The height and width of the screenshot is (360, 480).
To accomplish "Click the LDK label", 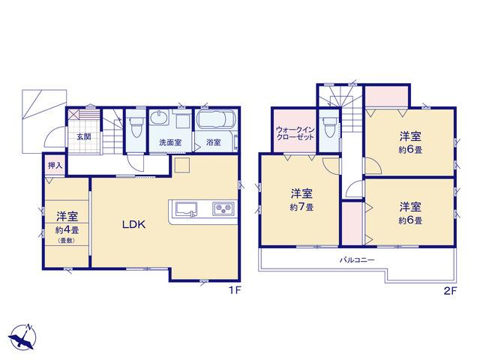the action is [133, 225].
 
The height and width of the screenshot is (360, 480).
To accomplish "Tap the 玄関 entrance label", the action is [83, 136].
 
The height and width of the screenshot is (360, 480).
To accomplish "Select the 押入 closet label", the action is [55, 166].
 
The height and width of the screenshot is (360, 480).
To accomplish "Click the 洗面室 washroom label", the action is [170, 142].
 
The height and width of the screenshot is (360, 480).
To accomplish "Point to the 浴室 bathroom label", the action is [213, 142].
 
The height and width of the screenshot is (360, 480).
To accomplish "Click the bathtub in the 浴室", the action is [216, 120].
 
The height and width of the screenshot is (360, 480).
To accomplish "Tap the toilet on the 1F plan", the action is [136, 127].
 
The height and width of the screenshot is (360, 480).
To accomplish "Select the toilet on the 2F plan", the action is [328, 127].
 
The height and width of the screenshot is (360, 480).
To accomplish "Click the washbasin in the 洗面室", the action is [160, 118].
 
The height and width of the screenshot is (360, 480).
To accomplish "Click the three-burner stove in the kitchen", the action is [223, 208].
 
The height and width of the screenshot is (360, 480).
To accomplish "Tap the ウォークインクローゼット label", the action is [295, 133].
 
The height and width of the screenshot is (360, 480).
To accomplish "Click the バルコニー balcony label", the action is [357, 260].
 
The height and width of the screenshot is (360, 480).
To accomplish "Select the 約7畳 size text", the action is [301, 207].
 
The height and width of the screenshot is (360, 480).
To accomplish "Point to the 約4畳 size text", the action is [67, 229].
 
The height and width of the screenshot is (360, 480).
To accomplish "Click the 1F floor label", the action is [235, 290].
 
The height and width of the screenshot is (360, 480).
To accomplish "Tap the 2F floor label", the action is [450, 291].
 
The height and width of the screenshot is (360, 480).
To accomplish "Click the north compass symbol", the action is [23, 336].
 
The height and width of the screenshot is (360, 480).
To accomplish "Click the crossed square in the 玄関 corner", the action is [73, 115].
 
